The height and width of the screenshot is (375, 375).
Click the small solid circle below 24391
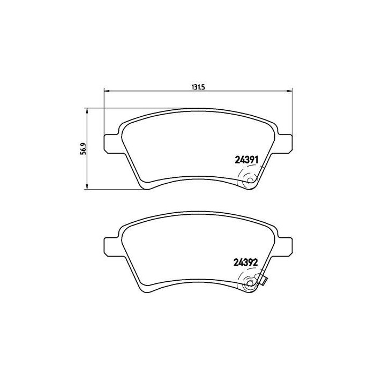click(x=248, y=182)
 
